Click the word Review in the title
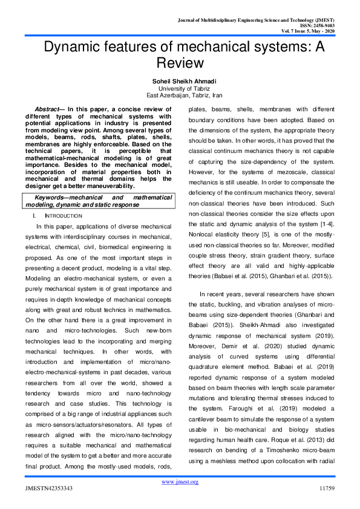click(180, 62)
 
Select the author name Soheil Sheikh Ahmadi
click(180, 82)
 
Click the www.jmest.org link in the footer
click(180, 481)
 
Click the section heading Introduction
click(64, 216)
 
